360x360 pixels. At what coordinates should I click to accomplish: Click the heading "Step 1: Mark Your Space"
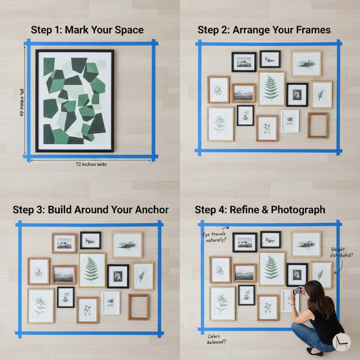click(x=87, y=30)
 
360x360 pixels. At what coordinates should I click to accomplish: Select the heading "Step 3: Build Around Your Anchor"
click(x=91, y=210)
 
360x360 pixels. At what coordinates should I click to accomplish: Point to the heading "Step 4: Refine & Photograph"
click(x=260, y=210)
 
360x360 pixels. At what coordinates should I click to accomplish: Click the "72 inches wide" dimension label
click(x=91, y=164)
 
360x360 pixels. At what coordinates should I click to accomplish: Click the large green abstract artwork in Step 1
click(x=75, y=100)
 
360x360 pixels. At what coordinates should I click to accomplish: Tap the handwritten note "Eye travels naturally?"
click(x=214, y=237)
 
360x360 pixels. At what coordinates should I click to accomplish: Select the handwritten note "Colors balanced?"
click(x=217, y=339)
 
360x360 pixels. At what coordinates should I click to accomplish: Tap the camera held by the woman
click(x=297, y=291)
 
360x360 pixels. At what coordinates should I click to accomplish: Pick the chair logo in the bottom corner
click(x=341, y=342)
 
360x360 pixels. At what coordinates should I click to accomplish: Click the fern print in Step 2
click(x=271, y=88)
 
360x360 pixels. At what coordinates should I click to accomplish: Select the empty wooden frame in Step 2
click(x=318, y=125)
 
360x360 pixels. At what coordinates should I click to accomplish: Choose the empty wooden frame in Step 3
click(x=138, y=307)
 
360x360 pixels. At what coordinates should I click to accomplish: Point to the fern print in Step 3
click(x=92, y=270)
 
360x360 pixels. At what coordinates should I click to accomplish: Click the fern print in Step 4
click(x=272, y=269)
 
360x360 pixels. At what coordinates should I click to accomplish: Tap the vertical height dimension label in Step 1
click(x=22, y=102)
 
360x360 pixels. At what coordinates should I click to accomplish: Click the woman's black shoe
click(x=313, y=351)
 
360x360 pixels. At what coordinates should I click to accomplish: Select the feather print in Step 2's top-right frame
click(x=306, y=64)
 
